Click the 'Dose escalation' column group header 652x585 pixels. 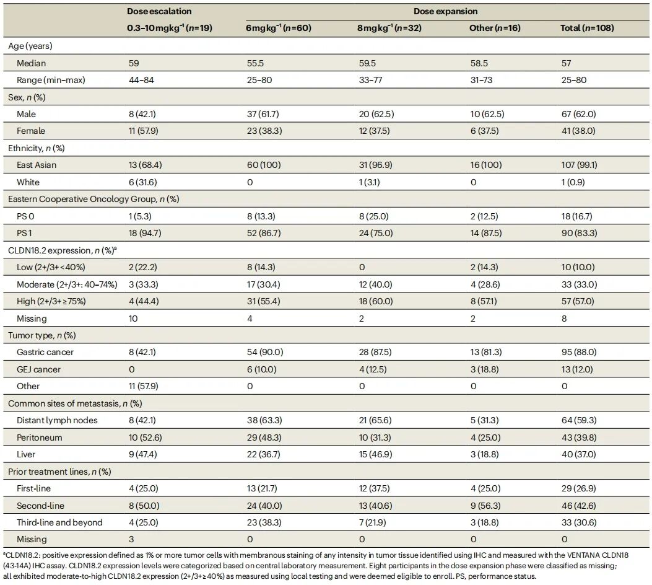tap(159, 11)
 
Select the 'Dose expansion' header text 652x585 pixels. tap(445, 11)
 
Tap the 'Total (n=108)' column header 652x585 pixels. tap(587, 28)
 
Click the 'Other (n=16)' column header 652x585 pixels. tap(495, 28)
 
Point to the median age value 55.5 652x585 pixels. tap(255, 63)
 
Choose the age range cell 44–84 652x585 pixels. tap(141, 80)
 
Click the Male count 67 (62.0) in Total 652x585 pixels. tap(579, 114)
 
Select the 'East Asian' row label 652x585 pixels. tap(37, 165)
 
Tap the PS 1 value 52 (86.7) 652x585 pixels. tap(264, 233)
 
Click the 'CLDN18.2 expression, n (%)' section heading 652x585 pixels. tap(63, 250)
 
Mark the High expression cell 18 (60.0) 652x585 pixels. tap(376, 301)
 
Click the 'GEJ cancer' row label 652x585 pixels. tap(38, 369)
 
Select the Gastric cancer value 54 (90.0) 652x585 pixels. tap(265, 352)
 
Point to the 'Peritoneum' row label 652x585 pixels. tap(40, 438)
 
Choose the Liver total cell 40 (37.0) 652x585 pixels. tap(579, 454)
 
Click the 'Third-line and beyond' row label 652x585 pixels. tap(59, 522)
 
